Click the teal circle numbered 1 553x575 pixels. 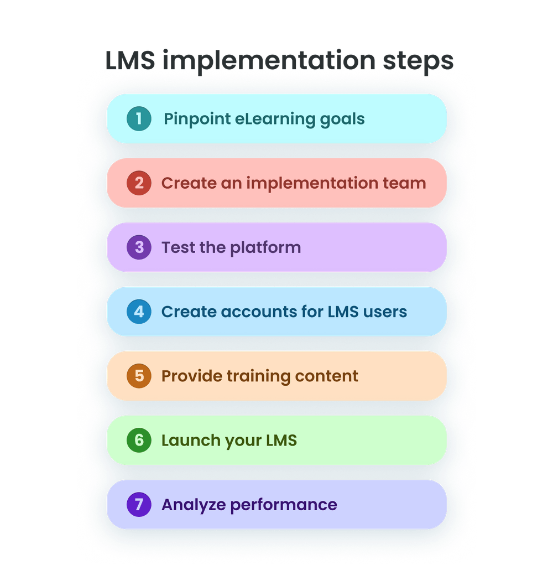(x=139, y=119)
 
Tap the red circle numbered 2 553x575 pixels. (x=139, y=183)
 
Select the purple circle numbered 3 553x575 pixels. (x=139, y=247)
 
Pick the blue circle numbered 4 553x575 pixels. (x=139, y=312)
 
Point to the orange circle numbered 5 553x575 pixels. (x=139, y=376)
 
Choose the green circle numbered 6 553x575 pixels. (x=139, y=441)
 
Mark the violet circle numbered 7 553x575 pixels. (x=139, y=505)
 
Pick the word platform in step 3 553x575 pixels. (x=265, y=248)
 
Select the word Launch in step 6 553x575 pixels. (x=189, y=441)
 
